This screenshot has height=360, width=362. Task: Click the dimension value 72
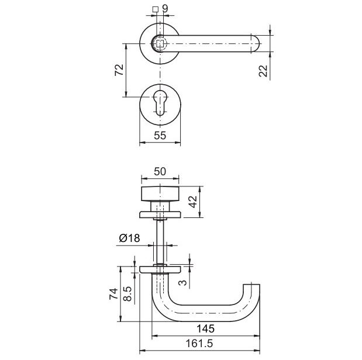click(x=119, y=70)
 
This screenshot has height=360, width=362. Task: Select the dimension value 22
click(x=263, y=71)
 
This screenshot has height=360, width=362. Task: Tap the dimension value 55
click(x=160, y=136)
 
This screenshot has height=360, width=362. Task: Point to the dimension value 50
click(x=160, y=171)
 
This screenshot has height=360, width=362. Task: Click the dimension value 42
click(x=193, y=202)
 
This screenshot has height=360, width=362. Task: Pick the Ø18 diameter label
click(x=129, y=238)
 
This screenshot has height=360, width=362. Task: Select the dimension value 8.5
click(x=127, y=294)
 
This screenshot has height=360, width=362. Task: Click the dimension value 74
click(x=113, y=294)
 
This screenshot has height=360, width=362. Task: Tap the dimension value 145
click(x=205, y=328)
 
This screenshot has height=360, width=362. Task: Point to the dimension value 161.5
click(x=199, y=344)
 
